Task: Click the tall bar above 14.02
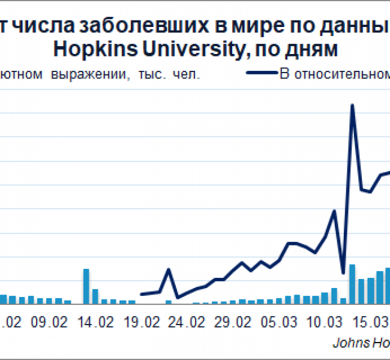point(86,286)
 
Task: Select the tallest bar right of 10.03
point(352,284)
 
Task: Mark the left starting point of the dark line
point(142,294)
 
